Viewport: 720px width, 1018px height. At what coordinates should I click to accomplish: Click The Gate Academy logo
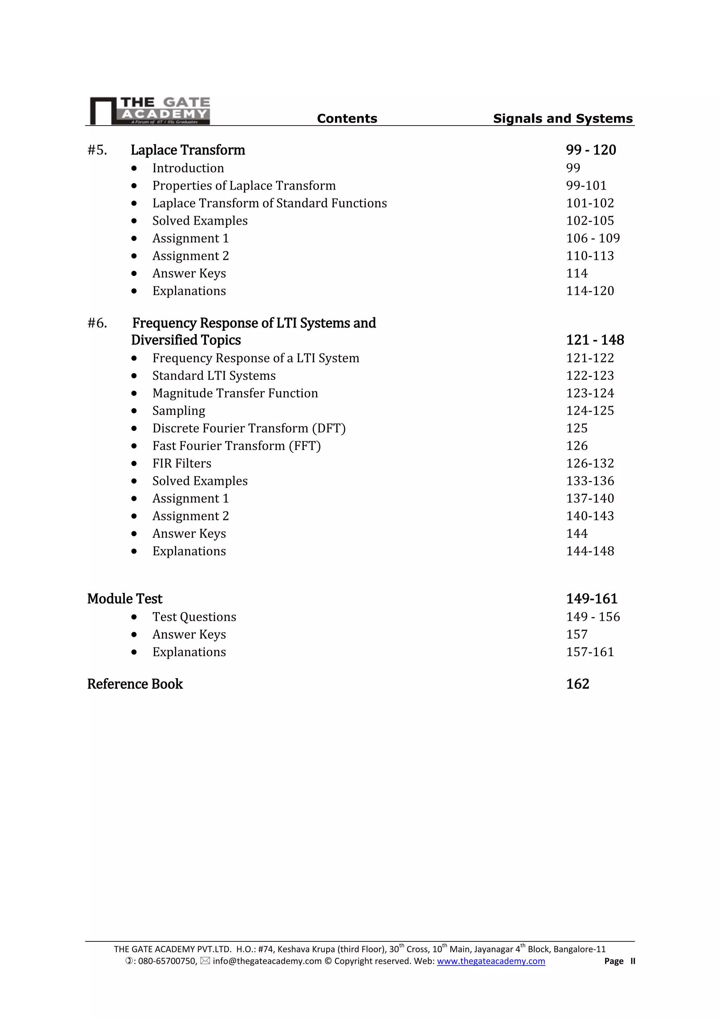pos(150,110)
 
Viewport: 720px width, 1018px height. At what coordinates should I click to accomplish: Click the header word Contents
pos(347,119)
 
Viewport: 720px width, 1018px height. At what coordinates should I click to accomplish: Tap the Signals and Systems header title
pos(562,119)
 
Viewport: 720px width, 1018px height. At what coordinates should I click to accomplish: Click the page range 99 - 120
pos(591,150)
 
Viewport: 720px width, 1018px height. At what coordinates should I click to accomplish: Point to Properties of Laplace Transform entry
pos(244,185)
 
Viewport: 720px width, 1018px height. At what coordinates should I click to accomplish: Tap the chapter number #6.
pos(97,323)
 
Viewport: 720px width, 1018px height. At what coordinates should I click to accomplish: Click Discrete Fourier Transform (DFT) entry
pos(249,428)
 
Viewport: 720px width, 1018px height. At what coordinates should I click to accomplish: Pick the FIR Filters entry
pos(182,463)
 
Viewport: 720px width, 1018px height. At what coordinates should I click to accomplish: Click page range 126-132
pos(590,463)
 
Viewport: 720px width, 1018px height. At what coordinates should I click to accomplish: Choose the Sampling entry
pos(179,411)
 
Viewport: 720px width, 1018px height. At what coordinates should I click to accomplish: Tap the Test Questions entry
pos(194,617)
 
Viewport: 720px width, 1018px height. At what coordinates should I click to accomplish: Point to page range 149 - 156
pos(593,617)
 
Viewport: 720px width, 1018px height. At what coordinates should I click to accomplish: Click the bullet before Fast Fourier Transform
pos(134,446)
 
